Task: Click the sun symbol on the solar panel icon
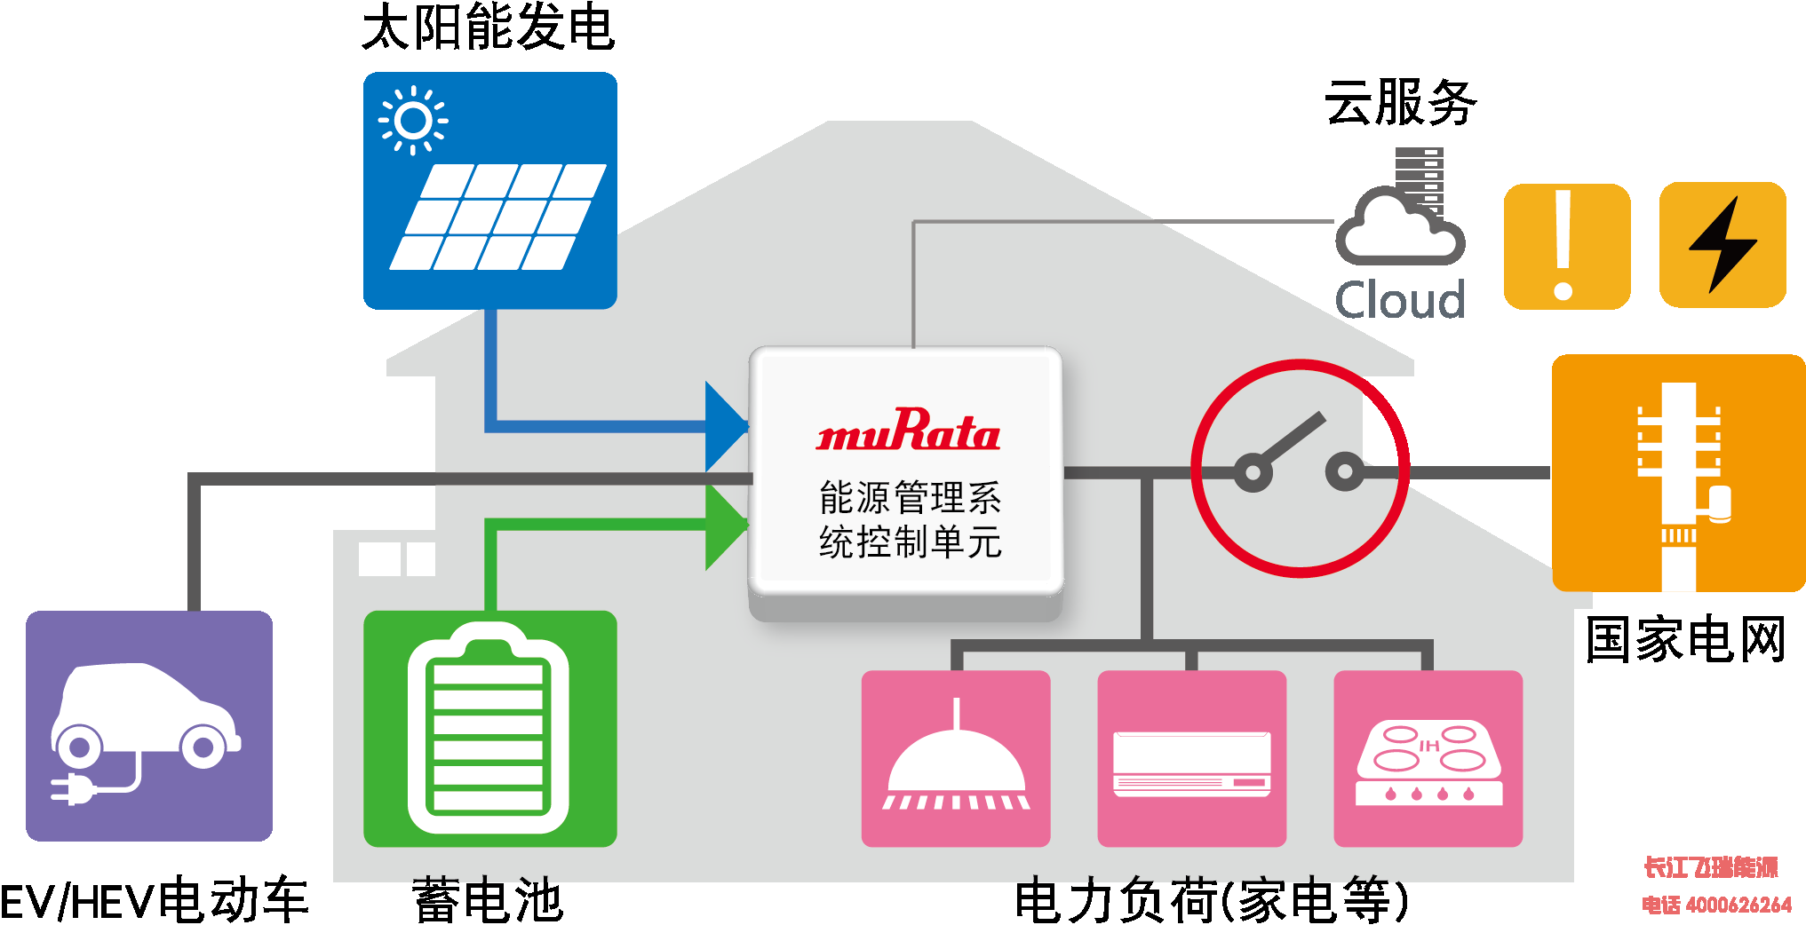click(413, 121)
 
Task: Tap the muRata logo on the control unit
click(908, 430)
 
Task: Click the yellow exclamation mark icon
click(1567, 247)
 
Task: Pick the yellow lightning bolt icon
click(1722, 245)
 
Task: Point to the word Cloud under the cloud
click(1400, 300)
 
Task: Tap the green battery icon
click(490, 728)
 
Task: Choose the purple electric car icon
click(149, 726)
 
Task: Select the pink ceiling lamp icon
click(956, 758)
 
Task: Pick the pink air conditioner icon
click(1192, 758)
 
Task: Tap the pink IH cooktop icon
click(1428, 758)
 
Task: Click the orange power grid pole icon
click(1679, 473)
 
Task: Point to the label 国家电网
click(1685, 640)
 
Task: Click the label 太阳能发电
click(488, 27)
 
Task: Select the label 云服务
click(1400, 102)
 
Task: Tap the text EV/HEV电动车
click(155, 901)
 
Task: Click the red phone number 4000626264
click(1738, 905)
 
